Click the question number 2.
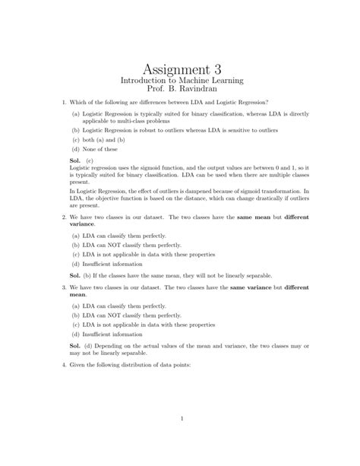[x=62, y=217]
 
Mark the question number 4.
[x=62, y=365]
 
